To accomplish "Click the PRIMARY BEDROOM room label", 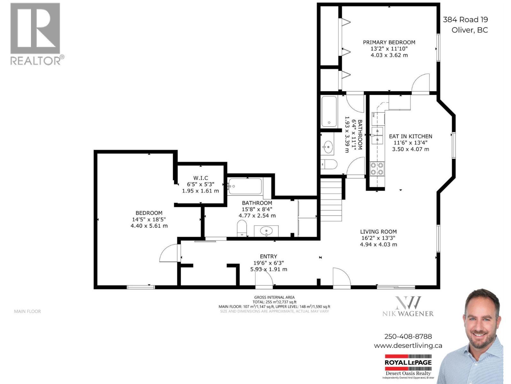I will pyautogui.click(x=389, y=42).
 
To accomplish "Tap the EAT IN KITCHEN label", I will pyautogui.click(x=410, y=136).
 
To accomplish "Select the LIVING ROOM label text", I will pyautogui.click(x=378, y=232).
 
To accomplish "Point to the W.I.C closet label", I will pyautogui.click(x=201, y=178).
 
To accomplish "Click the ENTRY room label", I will pyautogui.click(x=268, y=256).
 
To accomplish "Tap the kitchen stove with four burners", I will pyautogui.click(x=377, y=169).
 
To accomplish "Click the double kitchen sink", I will pyautogui.click(x=377, y=135).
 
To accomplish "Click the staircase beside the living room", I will pyautogui.click(x=331, y=200).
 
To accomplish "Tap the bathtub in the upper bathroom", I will pyautogui.click(x=329, y=112).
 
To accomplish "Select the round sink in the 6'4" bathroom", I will pyautogui.click(x=327, y=148).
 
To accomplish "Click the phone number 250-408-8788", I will pyautogui.click(x=408, y=336).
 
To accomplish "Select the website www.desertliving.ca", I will pyautogui.click(x=408, y=346).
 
